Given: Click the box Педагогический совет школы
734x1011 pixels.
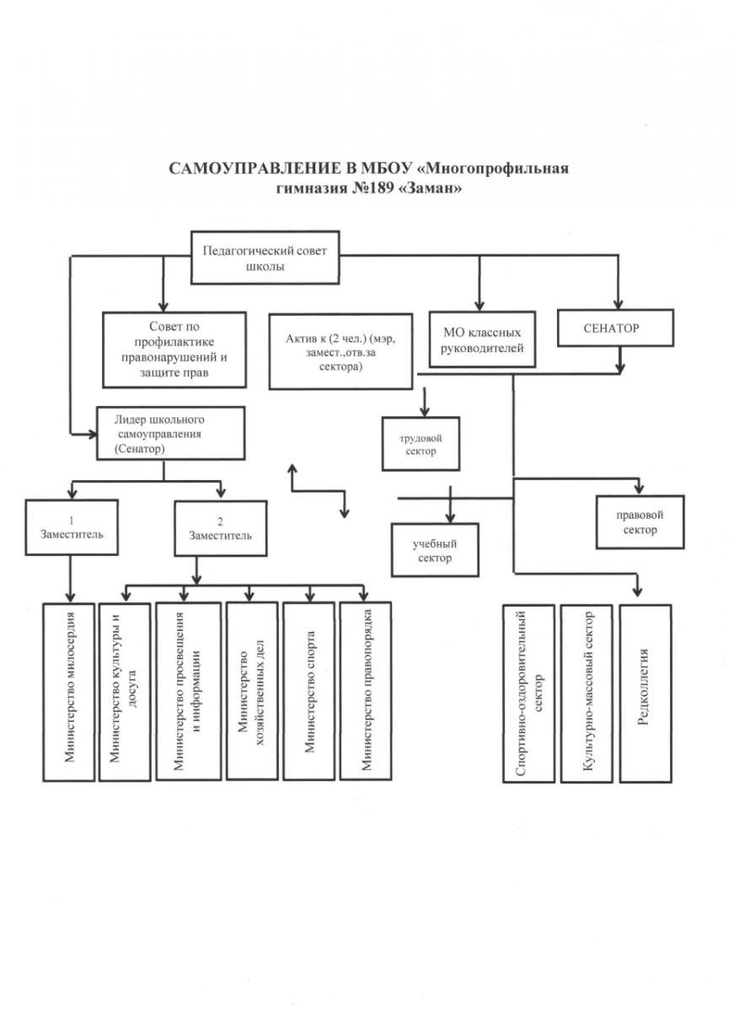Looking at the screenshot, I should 265,257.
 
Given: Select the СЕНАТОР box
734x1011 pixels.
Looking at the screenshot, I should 616,329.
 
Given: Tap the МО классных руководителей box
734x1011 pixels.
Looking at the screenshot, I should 483,340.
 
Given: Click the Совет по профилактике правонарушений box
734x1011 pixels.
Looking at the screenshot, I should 174,349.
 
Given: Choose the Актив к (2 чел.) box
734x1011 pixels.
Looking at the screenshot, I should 340,350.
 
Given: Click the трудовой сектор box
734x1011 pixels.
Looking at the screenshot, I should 421,444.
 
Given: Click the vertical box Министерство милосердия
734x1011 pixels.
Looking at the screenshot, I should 69,691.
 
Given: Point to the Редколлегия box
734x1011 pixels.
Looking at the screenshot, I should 645,693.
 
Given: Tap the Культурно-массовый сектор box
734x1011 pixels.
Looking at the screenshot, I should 587,693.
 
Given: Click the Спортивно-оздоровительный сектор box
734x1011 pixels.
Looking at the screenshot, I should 529,693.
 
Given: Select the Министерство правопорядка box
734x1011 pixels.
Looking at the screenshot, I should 365,691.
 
